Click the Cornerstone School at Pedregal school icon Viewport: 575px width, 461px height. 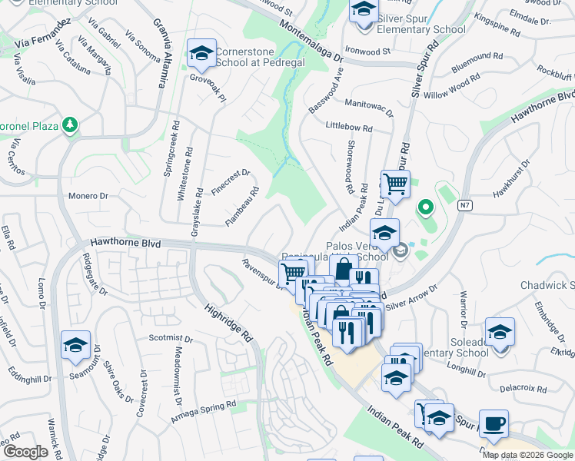coord(202,53)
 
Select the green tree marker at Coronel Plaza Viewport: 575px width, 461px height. coord(70,124)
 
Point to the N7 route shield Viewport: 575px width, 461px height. coord(465,206)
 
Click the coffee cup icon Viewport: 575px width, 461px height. coord(494,423)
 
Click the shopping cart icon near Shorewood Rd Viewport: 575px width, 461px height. coord(395,184)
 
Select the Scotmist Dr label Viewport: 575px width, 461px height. coord(170,338)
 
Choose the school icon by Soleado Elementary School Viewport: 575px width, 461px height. coord(500,332)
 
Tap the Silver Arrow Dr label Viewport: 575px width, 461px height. coord(410,297)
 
